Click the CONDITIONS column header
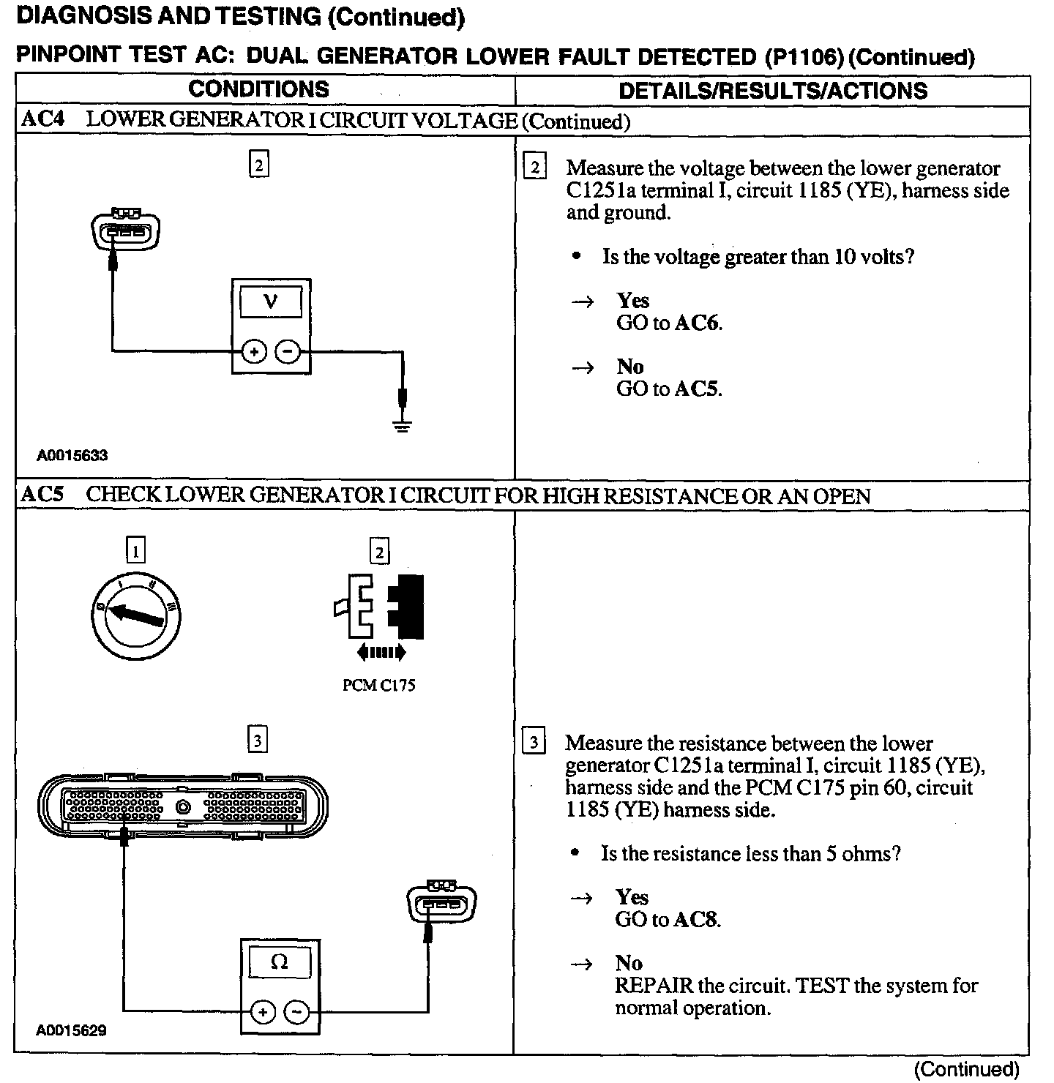(258, 89)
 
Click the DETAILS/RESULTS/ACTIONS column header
(772, 90)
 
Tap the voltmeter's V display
(271, 301)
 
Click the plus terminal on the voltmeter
(254, 352)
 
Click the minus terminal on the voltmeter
(288, 352)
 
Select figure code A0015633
(72, 455)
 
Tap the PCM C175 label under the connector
(378, 686)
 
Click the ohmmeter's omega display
(280, 962)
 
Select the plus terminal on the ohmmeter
(263, 1012)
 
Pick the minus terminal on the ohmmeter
(296, 1012)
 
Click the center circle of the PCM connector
(183, 807)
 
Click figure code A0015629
(71, 1030)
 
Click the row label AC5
(42, 495)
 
